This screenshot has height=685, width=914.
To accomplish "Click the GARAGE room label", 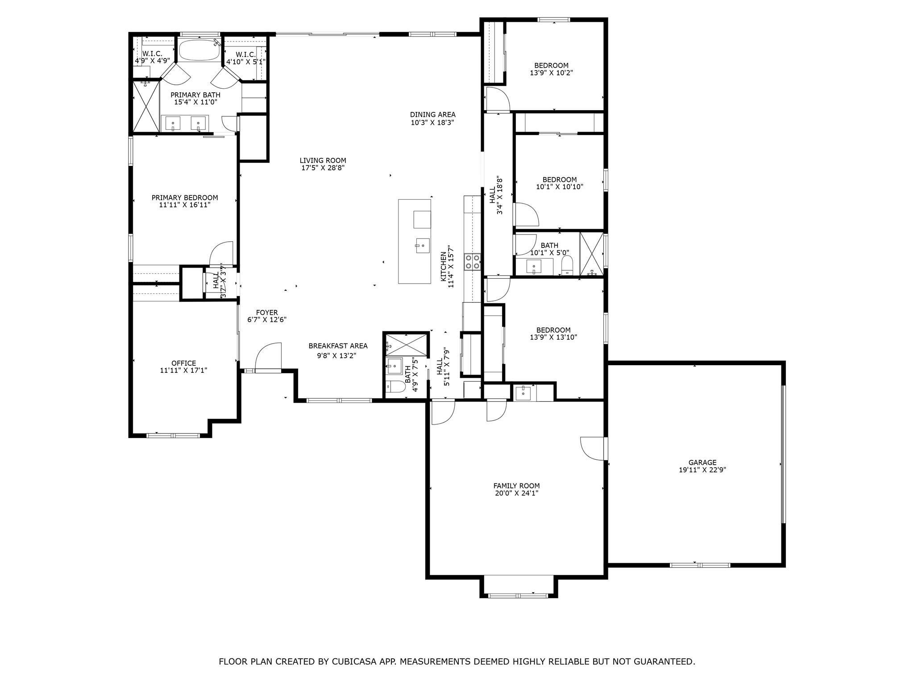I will coord(702,462).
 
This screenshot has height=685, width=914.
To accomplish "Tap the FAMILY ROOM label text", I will coord(516,486).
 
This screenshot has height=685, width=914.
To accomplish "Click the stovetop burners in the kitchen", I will coord(472,262).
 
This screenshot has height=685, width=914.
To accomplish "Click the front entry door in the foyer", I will coord(268,357).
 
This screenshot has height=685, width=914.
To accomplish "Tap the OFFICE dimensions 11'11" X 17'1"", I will coord(183,370).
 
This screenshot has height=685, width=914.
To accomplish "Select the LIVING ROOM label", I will coord(323,161).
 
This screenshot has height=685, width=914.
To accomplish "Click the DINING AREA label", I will coord(432,115).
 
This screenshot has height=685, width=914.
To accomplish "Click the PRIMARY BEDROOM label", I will coord(185,198).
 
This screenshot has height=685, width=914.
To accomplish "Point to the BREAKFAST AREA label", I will coord(338,346).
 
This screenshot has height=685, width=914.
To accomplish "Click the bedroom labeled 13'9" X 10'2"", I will coord(551,69).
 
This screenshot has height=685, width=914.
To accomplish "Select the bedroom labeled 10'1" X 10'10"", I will coord(559,183).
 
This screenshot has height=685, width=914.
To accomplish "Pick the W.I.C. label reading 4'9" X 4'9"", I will coord(152,57).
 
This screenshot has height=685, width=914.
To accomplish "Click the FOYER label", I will coord(266,313).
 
